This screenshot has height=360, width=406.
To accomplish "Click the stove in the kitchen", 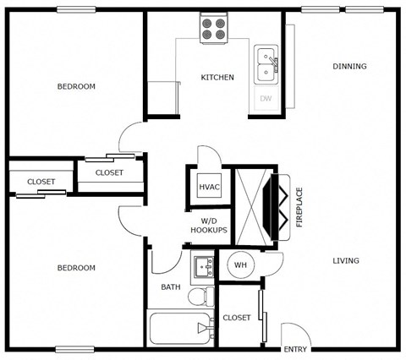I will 213,30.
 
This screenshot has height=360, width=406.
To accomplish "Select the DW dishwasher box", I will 266,99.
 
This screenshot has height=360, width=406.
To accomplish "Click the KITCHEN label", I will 217,78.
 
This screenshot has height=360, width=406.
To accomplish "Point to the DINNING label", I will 349,66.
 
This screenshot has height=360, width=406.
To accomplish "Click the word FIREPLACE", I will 299,207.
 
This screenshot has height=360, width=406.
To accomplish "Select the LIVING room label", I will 345,260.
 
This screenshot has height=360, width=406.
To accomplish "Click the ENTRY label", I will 295,349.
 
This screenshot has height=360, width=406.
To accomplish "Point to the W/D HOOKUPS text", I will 208,225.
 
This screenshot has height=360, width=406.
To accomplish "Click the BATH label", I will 171,287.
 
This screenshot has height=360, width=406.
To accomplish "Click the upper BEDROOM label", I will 76,86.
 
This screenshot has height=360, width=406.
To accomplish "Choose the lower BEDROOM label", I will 76,268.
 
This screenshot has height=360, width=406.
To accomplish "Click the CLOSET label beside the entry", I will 237,318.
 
